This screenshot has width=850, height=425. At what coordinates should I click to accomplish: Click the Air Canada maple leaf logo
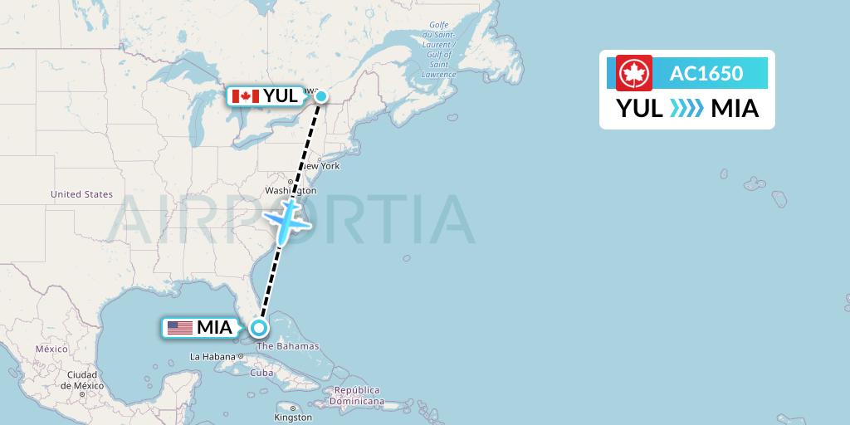point(634,73)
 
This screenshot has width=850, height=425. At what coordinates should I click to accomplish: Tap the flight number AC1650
point(706,73)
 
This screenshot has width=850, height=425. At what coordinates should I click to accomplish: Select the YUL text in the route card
point(639,108)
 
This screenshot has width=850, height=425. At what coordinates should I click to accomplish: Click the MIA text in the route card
point(735,108)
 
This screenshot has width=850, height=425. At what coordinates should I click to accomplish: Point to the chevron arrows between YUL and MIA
point(686,108)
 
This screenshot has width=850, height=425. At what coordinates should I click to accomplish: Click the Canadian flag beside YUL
point(245,96)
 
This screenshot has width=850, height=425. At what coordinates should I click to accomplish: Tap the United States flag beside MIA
point(180,328)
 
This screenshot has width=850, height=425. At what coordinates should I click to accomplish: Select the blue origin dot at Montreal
point(320,96)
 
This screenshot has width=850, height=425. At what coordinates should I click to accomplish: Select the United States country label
point(81,194)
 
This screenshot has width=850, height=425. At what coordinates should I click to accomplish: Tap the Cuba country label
point(261,373)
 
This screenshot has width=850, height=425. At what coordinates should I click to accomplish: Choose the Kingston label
point(294,417)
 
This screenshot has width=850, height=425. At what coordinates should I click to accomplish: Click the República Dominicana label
point(356,395)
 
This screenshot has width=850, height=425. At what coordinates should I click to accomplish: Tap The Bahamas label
point(288,346)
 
